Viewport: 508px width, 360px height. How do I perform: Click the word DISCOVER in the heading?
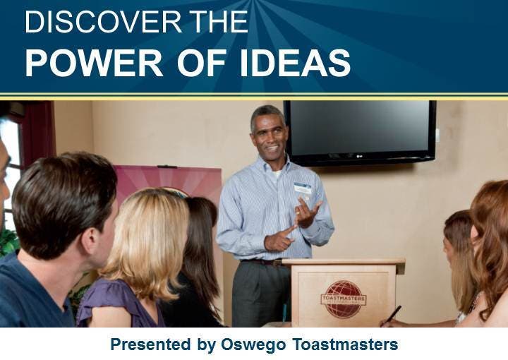click(x=103, y=22)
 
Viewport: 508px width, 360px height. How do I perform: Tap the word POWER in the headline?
click(x=94, y=63)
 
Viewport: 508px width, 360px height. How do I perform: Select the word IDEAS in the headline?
click(x=295, y=63)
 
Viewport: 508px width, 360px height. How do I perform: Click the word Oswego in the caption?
click(x=253, y=344)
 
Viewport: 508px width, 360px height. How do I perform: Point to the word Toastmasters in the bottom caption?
click(x=345, y=344)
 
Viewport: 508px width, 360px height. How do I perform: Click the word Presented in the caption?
click(x=151, y=344)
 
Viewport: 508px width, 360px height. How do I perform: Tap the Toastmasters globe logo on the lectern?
click(x=344, y=299)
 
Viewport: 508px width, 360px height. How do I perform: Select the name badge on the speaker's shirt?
click(x=303, y=188)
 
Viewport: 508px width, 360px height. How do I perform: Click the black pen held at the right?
click(x=392, y=316)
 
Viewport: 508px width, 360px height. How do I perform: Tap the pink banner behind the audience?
click(x=169, y=181)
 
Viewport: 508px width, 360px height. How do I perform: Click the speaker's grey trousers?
click(x=261, y=293)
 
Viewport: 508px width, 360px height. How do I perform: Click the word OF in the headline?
click(x=202, y=63)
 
